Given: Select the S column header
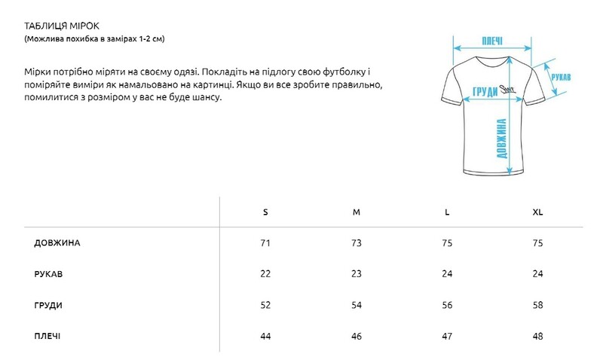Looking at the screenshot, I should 265,212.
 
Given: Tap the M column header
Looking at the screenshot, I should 357,212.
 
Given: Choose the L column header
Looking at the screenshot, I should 447,212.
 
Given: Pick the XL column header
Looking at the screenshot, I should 537,212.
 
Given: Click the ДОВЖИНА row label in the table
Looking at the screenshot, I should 57,243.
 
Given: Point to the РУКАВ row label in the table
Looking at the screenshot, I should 48,274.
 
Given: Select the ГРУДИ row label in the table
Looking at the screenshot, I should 48,305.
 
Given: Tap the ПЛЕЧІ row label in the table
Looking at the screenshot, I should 47,336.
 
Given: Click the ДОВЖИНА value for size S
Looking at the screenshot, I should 265,243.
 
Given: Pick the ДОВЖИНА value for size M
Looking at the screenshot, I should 357,243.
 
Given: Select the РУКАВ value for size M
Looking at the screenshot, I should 357,274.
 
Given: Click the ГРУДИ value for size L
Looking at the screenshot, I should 447,305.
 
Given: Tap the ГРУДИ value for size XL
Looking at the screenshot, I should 537,305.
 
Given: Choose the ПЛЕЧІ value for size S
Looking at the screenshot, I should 265,336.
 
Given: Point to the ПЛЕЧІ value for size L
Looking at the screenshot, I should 447,336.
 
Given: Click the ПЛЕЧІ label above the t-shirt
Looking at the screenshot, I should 491,41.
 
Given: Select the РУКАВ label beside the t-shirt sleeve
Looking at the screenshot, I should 560,78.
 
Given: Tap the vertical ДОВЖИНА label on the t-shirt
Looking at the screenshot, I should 500,139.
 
